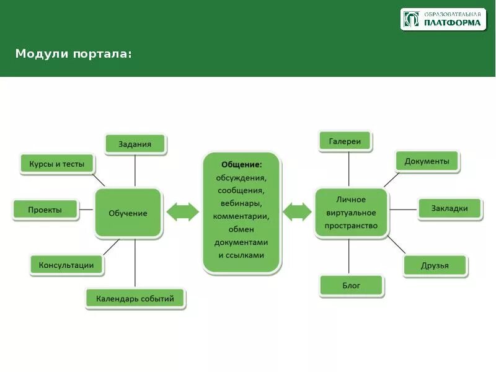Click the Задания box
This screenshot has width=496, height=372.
pyautogui.click(x=136, y=144)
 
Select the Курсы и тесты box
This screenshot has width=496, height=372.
pyautogui.click(x=57, y=164)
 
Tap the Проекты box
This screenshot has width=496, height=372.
pyautogui.click(x=45, y=210)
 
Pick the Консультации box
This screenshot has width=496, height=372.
pyautogui.click(x=66, y=265)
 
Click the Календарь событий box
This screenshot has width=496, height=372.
pyautogui.click(x=136, y=299)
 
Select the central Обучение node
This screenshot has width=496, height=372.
pyautogui.click(x=128, y=213)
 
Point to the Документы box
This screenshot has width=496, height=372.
pyautogui.click(x=427, y=161)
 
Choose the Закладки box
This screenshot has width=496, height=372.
pyautogui.click(x=449, y=208)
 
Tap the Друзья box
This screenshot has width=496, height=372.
pyautogui.click(x=435, y=266)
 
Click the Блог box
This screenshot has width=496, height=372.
pyautogui.click(x=352, y=286)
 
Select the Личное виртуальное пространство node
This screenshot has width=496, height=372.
pyautogui.click(x=351, y=213)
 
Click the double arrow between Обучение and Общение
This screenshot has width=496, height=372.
pyautogui.click(x=183, y=212)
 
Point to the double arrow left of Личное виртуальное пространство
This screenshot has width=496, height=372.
pyautogui.click(x=298, y=212)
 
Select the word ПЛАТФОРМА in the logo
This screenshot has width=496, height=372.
pyautogui.click(x=453, y=23)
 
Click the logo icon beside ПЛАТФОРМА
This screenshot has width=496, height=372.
pyautogui.click(x=411, y=19)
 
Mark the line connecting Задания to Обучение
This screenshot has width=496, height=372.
pyautogui.click(x=136, y=170)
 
